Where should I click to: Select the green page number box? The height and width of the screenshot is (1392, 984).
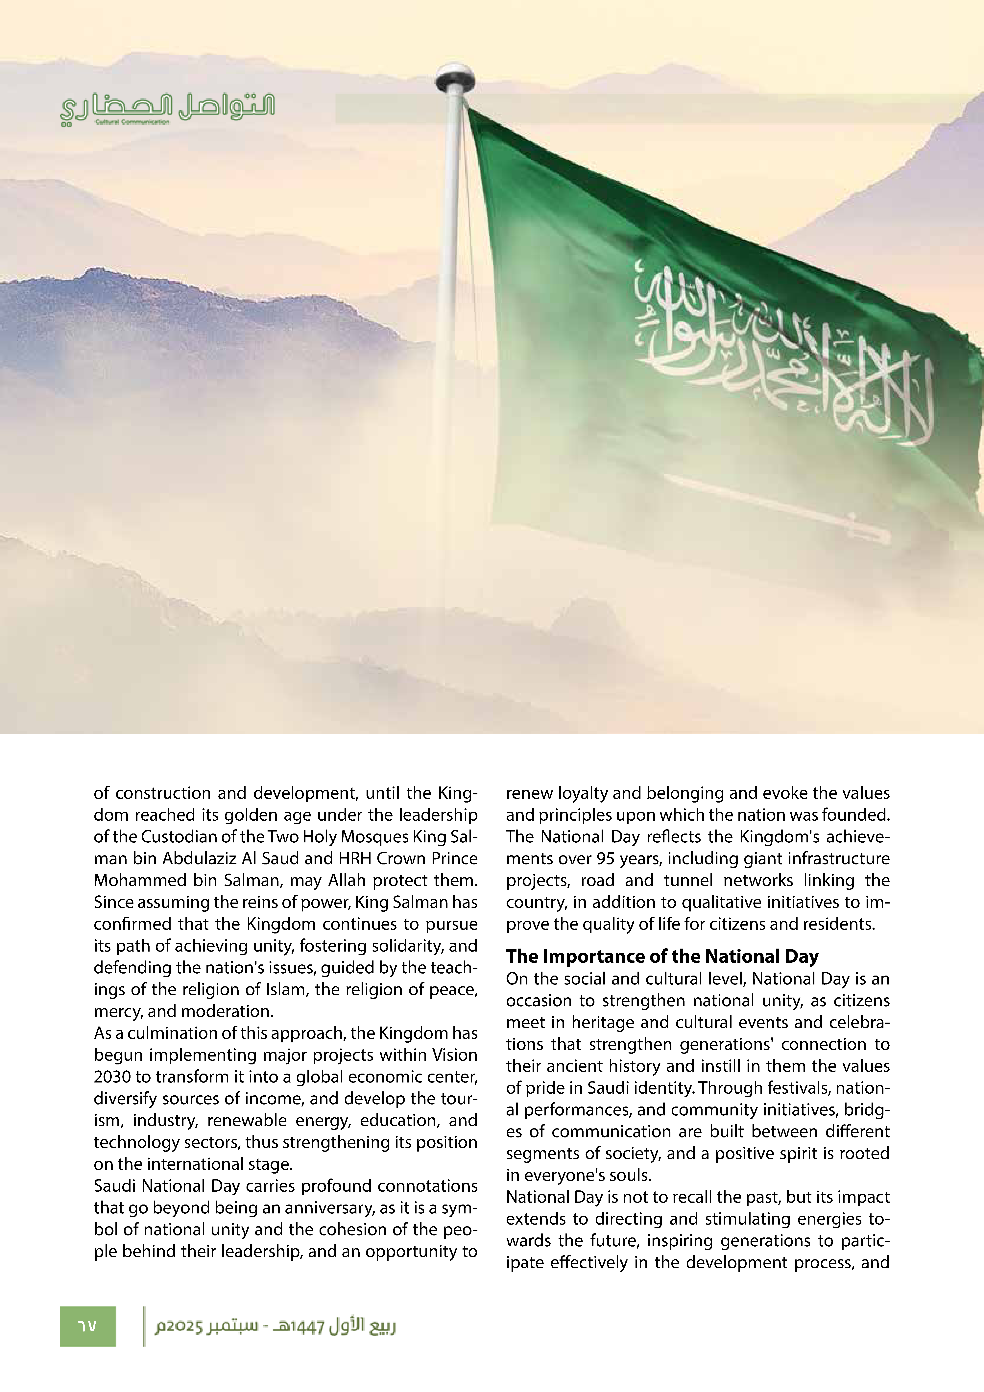click(x=87, y=1326)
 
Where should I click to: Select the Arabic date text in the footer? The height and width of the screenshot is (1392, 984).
click(x=275, y=1326)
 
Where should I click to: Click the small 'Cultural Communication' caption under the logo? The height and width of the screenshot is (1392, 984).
click(x=132, y=122)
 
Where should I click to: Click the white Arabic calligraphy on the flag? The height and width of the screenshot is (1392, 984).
click(x=782, y=358)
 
